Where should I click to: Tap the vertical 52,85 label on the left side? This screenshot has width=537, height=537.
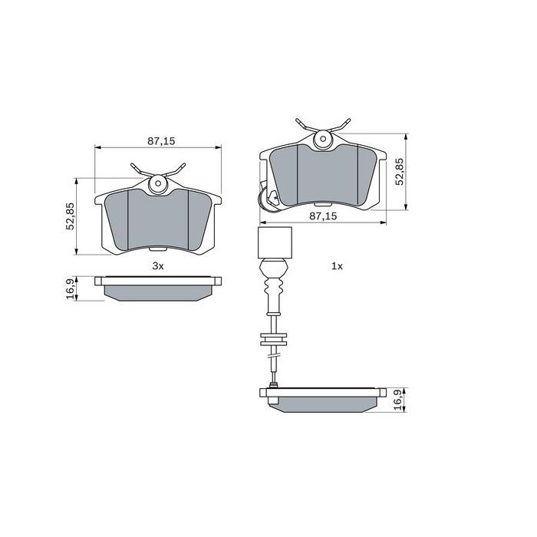pyautogui.click(x=70, y=216)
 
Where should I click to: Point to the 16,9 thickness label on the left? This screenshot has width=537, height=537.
pyautogui.click(x=70, y=290)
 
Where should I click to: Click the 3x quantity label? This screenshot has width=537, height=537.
pyautogui.click(x=157, y=265)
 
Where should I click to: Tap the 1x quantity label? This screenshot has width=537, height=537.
pyautogui.click(x=336, y=265)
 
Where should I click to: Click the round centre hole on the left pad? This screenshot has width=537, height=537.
pyautogui.click(x=158, y=183)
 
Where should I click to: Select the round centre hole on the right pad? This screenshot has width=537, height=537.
pyautogui.click(x=323, y=139)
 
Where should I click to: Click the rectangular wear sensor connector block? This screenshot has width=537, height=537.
pyautogui.click(x=273, y=242)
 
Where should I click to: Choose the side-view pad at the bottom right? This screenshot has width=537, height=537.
pyautogui.click(x=323, y=400)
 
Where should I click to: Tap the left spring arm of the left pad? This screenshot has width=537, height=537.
pyautogui.click(x=139, y=169)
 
